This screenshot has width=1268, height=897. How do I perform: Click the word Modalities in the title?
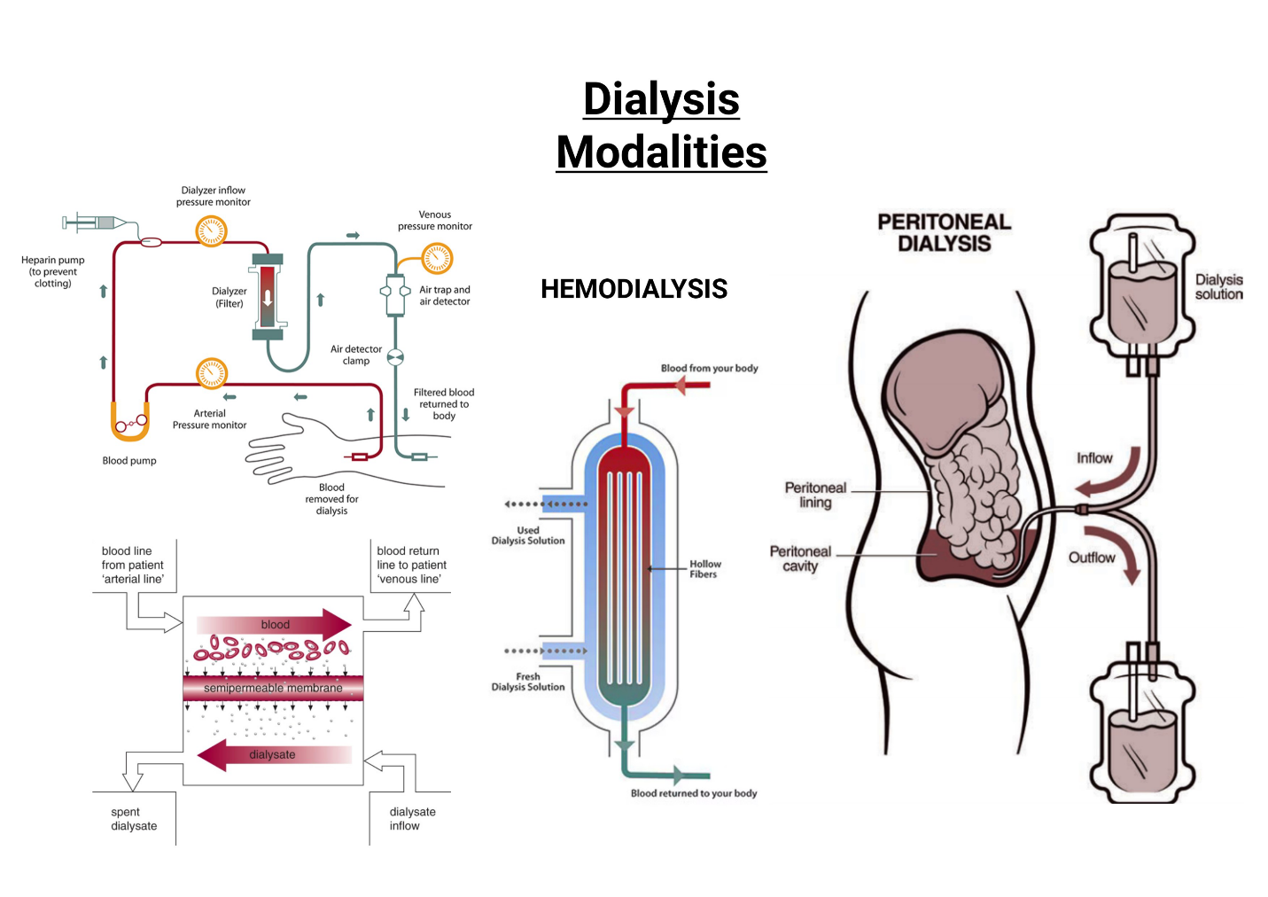(x=661, y=152)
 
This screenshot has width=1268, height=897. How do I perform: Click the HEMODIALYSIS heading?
(x=634, y=289)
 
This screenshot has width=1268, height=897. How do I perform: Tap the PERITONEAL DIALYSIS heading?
(x=944, y=233)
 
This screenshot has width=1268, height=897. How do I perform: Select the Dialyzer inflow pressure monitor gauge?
(x=212, y=231)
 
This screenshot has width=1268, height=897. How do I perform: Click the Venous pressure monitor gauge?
(x=437, y=259)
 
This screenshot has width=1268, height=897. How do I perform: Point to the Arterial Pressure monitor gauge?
(x=212, y=374)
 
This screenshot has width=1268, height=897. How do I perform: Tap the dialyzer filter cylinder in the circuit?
(x=268, y=297)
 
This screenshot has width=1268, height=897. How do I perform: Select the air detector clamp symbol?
(x=395, y=357)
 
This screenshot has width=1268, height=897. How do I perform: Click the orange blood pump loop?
(x=129, y=424)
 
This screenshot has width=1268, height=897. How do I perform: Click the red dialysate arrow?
(x=273, y=755)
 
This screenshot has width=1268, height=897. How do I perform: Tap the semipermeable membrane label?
(x=273, y=688)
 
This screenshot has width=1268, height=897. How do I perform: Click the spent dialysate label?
(x=134, y=819)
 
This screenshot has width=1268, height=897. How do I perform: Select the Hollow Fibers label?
(x=705, y=569)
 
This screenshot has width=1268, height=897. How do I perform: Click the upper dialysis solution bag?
(x=1142, y=292)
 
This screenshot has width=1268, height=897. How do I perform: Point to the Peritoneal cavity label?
(x=800, y=558)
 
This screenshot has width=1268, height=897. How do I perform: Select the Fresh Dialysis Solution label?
(x=528, y=682)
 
